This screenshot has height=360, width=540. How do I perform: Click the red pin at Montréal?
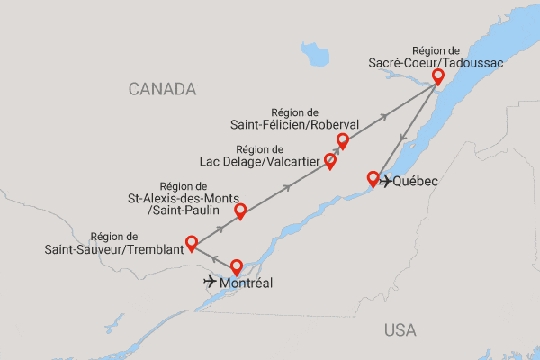pyautogui.click(x=237, y=266)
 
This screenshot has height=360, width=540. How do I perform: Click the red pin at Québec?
pyautogui.click(x=373, y=177)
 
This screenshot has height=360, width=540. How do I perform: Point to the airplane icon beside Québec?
pyautogui.click(x=386, y=182)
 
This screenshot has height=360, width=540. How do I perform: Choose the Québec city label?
pyautogui.click(x=416, y=182)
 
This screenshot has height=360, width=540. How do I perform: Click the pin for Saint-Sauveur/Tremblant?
pyautogui.click(x=191, y=242)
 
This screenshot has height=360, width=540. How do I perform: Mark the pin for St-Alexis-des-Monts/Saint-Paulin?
pyautogui.click(x=240, y=211)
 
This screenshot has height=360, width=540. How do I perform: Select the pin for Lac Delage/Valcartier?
pyautogui.click(x=329, y=161)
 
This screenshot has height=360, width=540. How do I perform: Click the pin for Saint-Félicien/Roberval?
pyautogui.click(x=342, y=140)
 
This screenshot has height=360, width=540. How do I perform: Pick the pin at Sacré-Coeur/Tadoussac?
pyautogui.click(x=438, y=77)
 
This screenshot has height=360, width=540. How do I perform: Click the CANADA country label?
pyautogui.click(x=162, y=89)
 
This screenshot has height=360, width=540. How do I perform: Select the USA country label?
pyautogui.click(x=400, y=329)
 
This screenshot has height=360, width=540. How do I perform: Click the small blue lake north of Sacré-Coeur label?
pyautogui.click(x=315, y=57)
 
